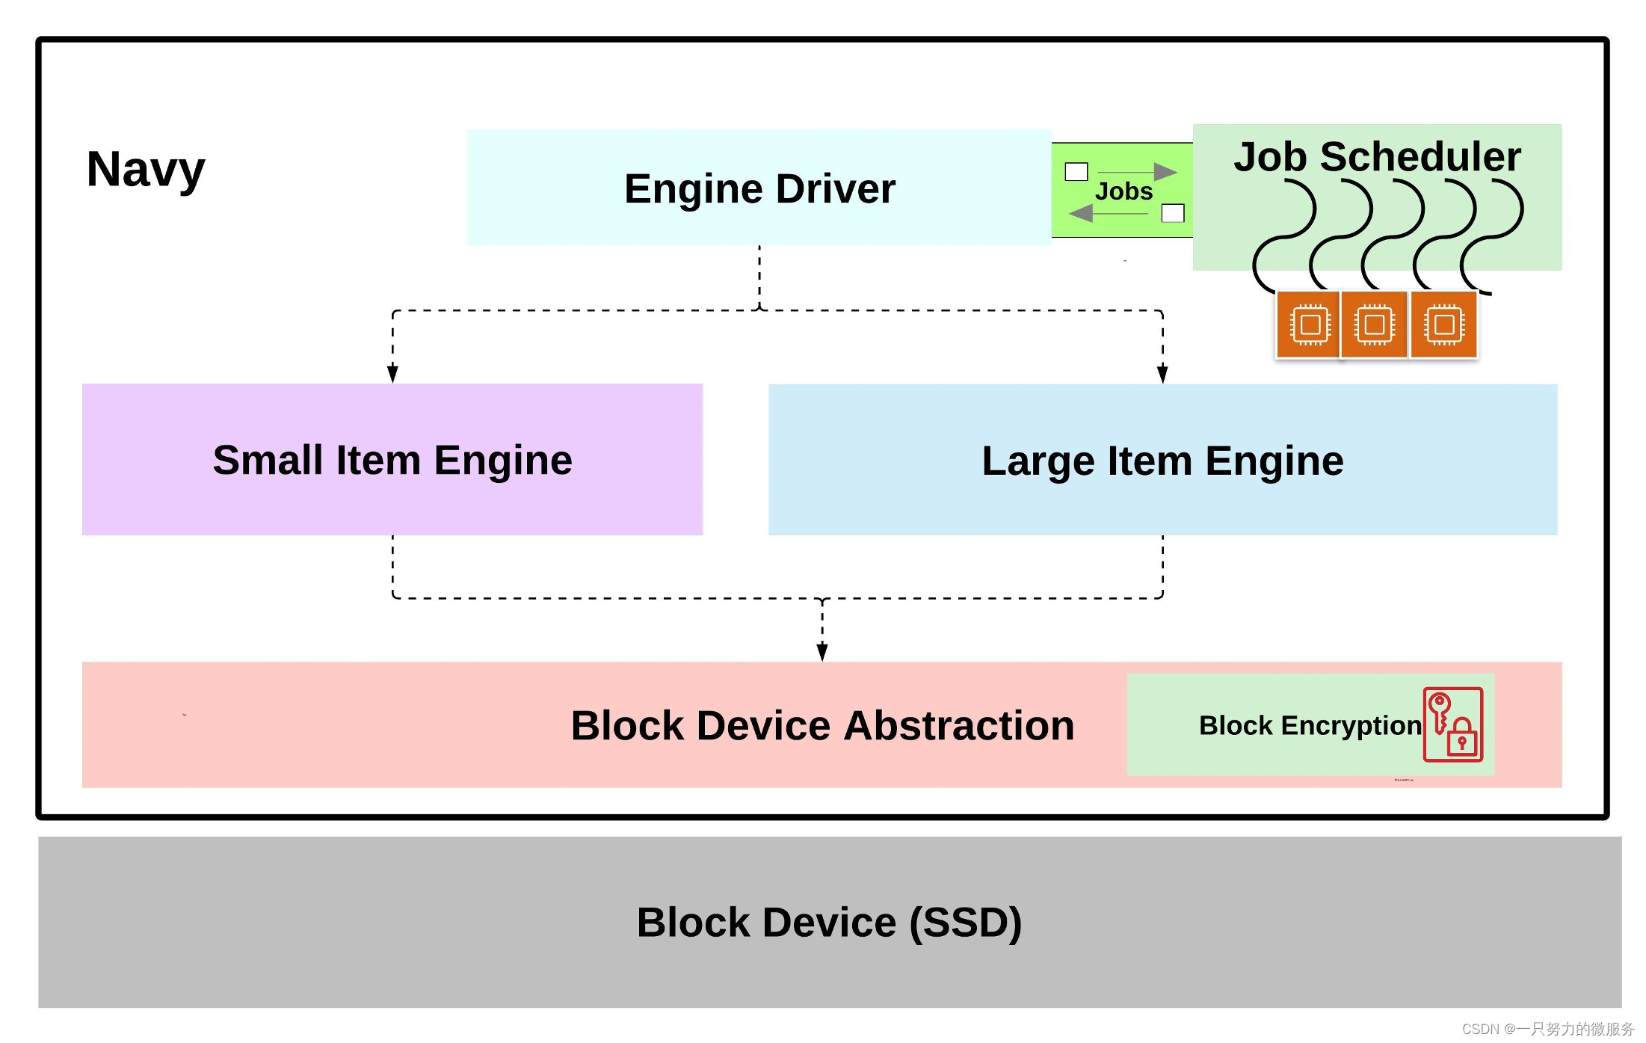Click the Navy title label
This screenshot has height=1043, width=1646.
[146, 170]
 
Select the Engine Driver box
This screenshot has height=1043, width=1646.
[759, 188]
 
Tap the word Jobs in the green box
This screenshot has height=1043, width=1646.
[1123, 191]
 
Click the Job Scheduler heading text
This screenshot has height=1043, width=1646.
[1377, 157]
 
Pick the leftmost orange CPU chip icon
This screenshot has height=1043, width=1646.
[1309, 325]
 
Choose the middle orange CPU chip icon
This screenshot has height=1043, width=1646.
[1374, 325]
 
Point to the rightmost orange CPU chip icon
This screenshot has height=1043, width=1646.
[1443, 325]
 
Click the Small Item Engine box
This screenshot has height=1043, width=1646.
[392, 459]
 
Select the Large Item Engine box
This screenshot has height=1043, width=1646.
[1162, 460]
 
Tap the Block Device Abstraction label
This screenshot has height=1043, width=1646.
[822, 725]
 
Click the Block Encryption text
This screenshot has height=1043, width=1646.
[1310, 725]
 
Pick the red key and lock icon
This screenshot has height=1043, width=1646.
[1452, 724]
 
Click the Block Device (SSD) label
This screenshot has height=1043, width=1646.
[829, 922]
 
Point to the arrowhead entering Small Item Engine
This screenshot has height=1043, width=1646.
[392, 374]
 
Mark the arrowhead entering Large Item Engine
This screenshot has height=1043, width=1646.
[1162, 374]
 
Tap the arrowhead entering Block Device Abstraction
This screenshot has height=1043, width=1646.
[822, 652]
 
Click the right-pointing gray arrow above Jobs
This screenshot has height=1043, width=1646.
[1138, 172]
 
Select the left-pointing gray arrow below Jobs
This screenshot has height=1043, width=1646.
[1109, 214]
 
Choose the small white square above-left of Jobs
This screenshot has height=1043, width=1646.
[1076, 172]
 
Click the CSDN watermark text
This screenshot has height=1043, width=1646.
[1547, 1029]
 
